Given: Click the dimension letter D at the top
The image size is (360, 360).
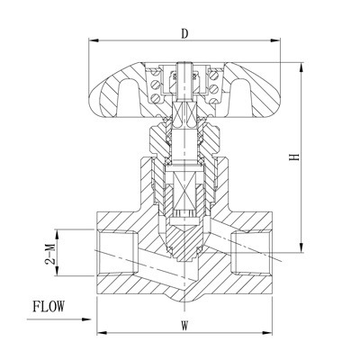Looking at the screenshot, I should pyautogui.click(x=184, y=35).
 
